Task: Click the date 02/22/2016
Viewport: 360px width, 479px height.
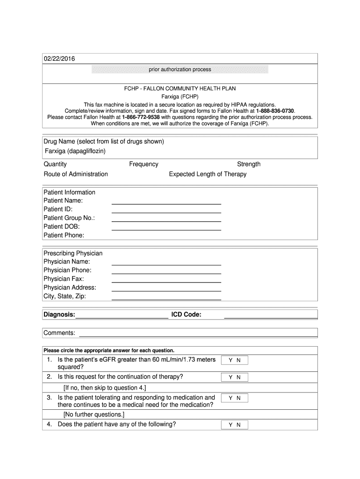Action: tap(59, 58)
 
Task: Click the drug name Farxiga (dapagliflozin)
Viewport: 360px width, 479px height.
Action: tap(75, 151)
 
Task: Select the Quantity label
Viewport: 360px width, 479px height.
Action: tap(55, 164)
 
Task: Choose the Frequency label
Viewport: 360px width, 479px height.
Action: tap(144, 164)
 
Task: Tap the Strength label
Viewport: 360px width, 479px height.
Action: tap(249, 164)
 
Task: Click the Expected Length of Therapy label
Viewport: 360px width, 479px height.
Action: tap(208, 174)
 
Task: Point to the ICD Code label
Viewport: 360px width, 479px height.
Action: tap(186, 314)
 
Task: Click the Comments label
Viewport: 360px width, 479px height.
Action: tap(59, 333)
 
